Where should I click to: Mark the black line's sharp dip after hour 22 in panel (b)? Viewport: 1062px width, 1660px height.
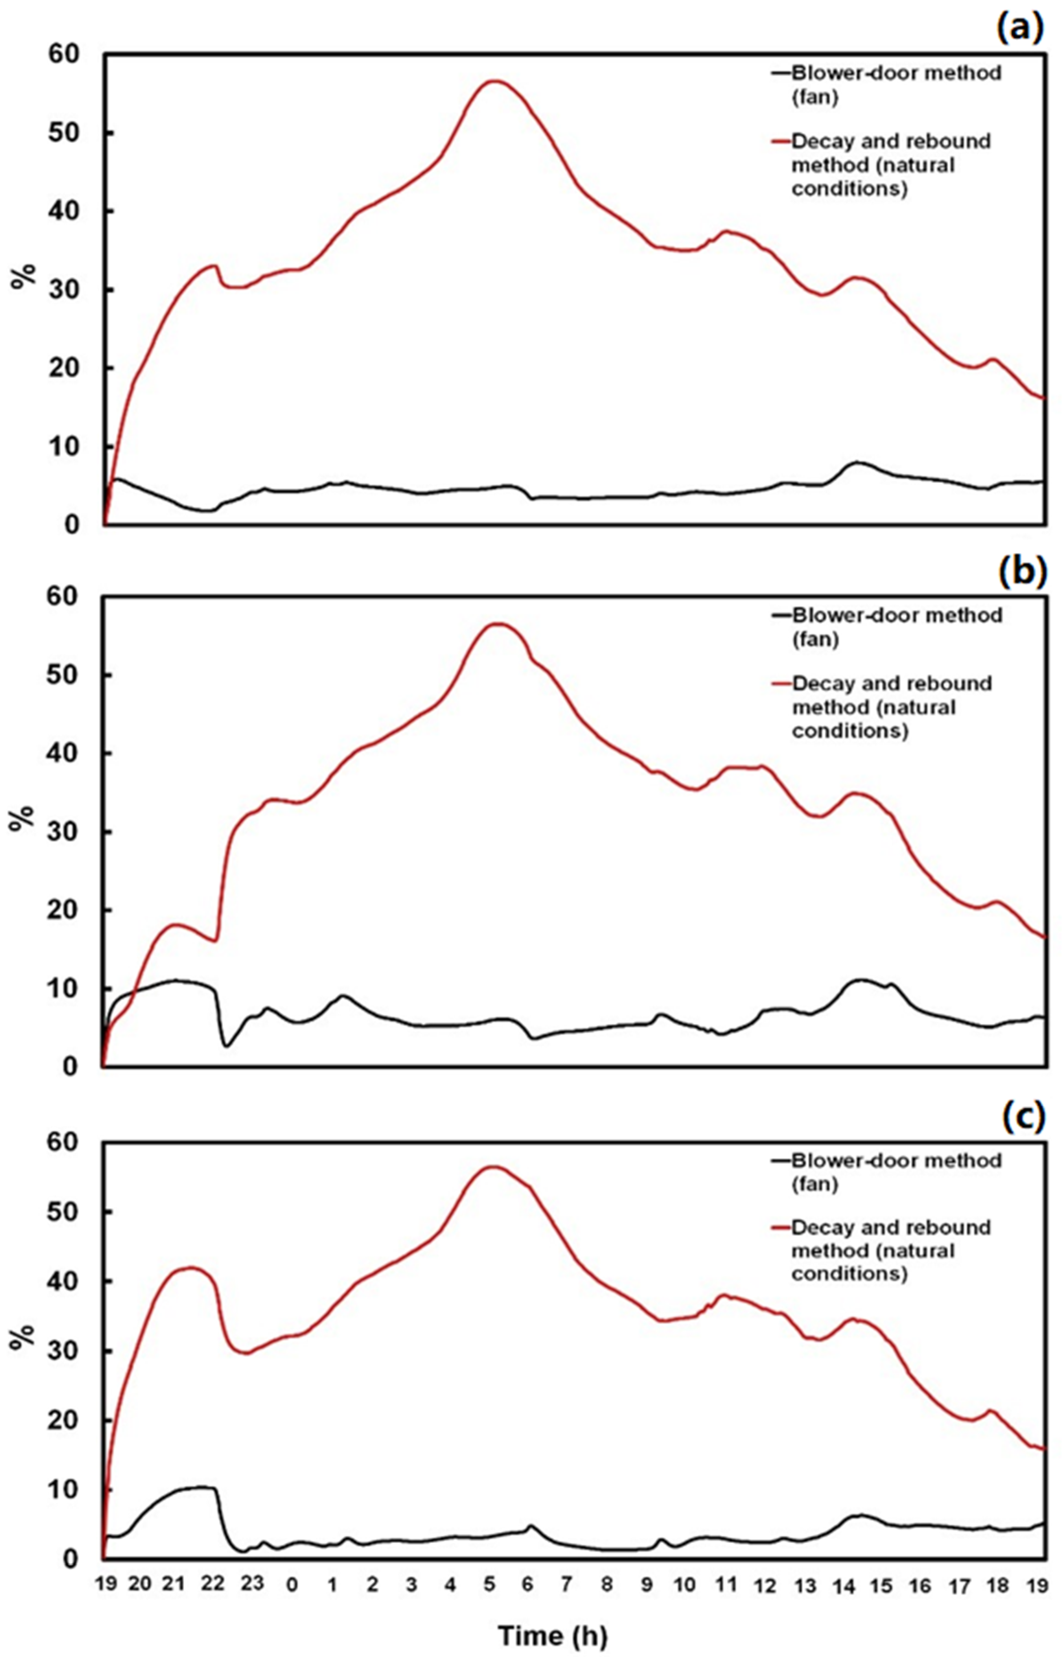point(226,1046)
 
